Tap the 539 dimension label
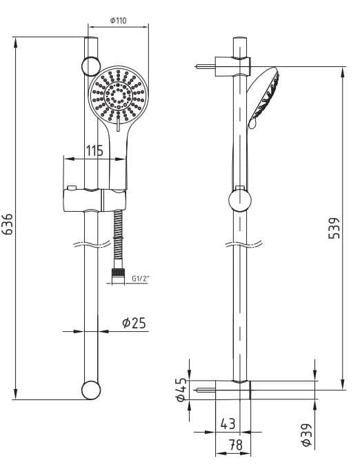334,228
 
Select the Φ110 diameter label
118,20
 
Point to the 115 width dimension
94,150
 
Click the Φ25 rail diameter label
134,323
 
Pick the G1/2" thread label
141,279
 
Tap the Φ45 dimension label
181,390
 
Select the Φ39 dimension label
306,435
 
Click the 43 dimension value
228,424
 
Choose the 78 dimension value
236,445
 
